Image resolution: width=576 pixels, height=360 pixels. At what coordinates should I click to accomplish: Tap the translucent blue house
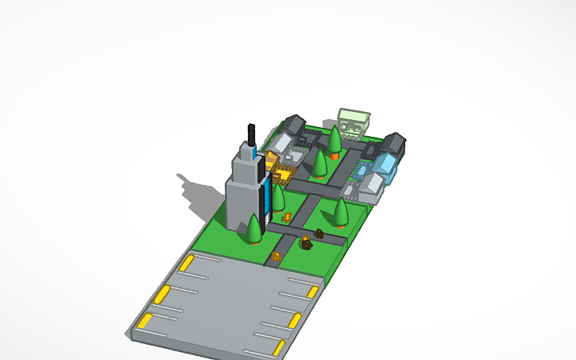(x=386, y=165)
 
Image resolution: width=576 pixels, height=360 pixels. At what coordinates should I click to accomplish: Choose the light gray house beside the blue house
(x=371, y=188)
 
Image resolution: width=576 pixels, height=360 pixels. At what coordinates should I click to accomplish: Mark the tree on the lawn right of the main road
(x=341, y=211)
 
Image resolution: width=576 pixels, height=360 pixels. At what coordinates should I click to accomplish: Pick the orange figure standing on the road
(x=276, y=256)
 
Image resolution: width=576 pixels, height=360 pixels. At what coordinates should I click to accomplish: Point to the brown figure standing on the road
(x=319, y=234)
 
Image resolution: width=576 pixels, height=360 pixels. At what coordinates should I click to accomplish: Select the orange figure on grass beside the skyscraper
(x=287, y=216)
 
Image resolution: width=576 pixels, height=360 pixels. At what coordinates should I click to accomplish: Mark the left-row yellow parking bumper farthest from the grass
(x=145, y=321)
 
